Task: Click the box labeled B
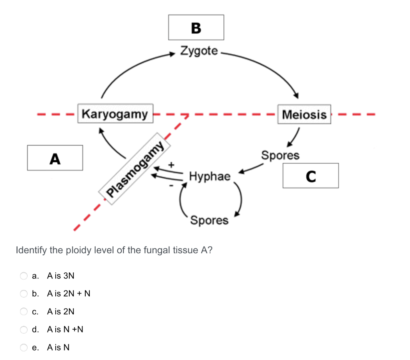[x=196, y=27]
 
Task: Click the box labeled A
[x=55, y=158]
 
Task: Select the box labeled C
[x=310, y=176]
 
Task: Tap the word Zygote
[x=199, y=51]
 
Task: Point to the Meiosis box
[x=304, y=114]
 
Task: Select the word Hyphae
[x=210, y=176]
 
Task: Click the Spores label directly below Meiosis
[x=280, y=155]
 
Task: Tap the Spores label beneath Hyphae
[x=209, y=220]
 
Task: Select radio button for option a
[x=24, y=276]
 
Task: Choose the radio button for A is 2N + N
[x=24, y=294]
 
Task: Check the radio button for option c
[x=24, y=312]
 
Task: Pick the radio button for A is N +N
[x=24, y=330]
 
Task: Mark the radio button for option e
[x=24, y=348]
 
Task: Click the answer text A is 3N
[x=60, y=276]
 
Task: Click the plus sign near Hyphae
[x=172, y=164]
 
